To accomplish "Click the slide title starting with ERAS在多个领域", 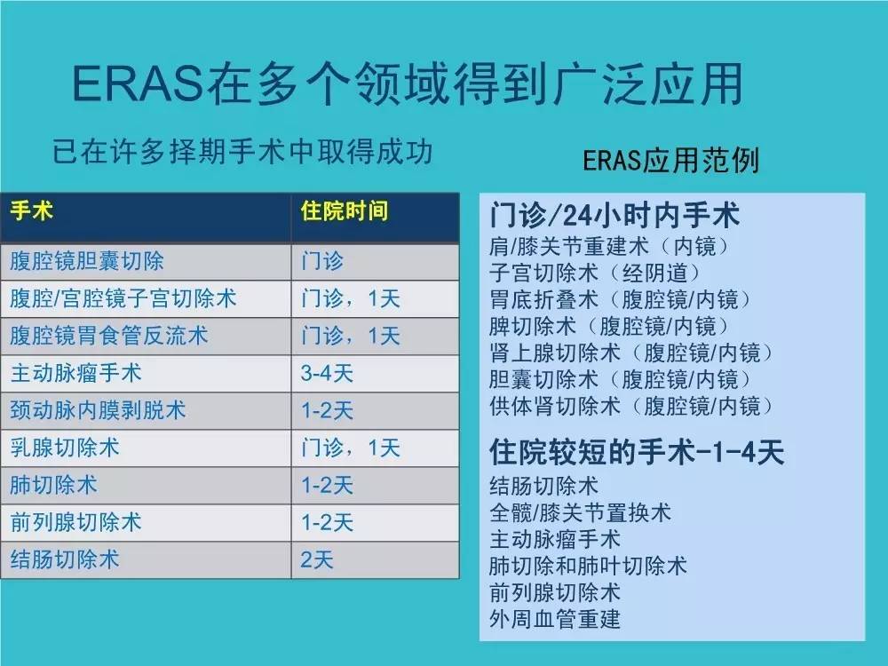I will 407,86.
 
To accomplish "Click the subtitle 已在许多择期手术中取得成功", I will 242,152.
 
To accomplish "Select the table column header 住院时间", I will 345,212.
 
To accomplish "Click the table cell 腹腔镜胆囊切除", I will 87,262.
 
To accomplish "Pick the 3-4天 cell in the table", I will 327,374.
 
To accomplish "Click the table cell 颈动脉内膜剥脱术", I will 99,411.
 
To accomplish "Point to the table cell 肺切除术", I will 53,485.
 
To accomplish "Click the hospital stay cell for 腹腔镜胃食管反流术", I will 350,337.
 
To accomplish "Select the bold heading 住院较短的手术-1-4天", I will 638,453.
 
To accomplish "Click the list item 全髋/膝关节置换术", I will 581,512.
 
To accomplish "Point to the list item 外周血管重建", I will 555,618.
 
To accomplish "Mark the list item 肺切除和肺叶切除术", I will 589,565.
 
